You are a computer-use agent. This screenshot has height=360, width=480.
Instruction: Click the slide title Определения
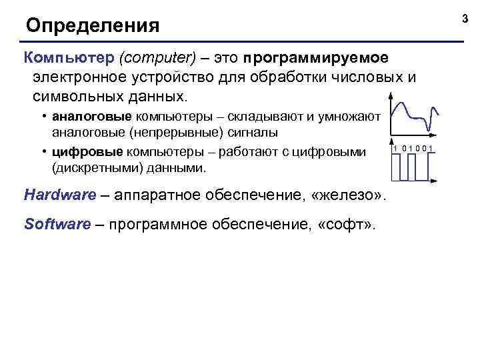coord(93,27)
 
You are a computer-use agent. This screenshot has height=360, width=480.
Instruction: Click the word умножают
coord(351,117)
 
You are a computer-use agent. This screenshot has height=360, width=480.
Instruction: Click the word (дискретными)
coord(93,169)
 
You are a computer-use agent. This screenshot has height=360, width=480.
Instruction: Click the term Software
coord(57,224)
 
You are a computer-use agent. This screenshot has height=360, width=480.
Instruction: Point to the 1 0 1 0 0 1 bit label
coord(413,147)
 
